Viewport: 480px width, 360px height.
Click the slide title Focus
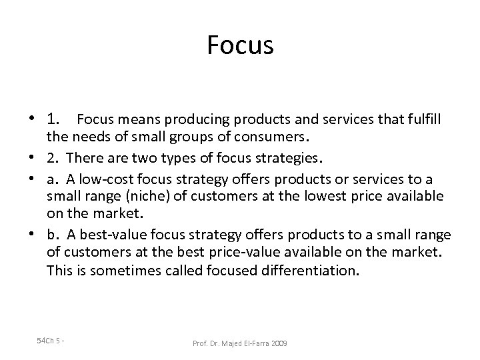pyautogui.click(x=240, y=45)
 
